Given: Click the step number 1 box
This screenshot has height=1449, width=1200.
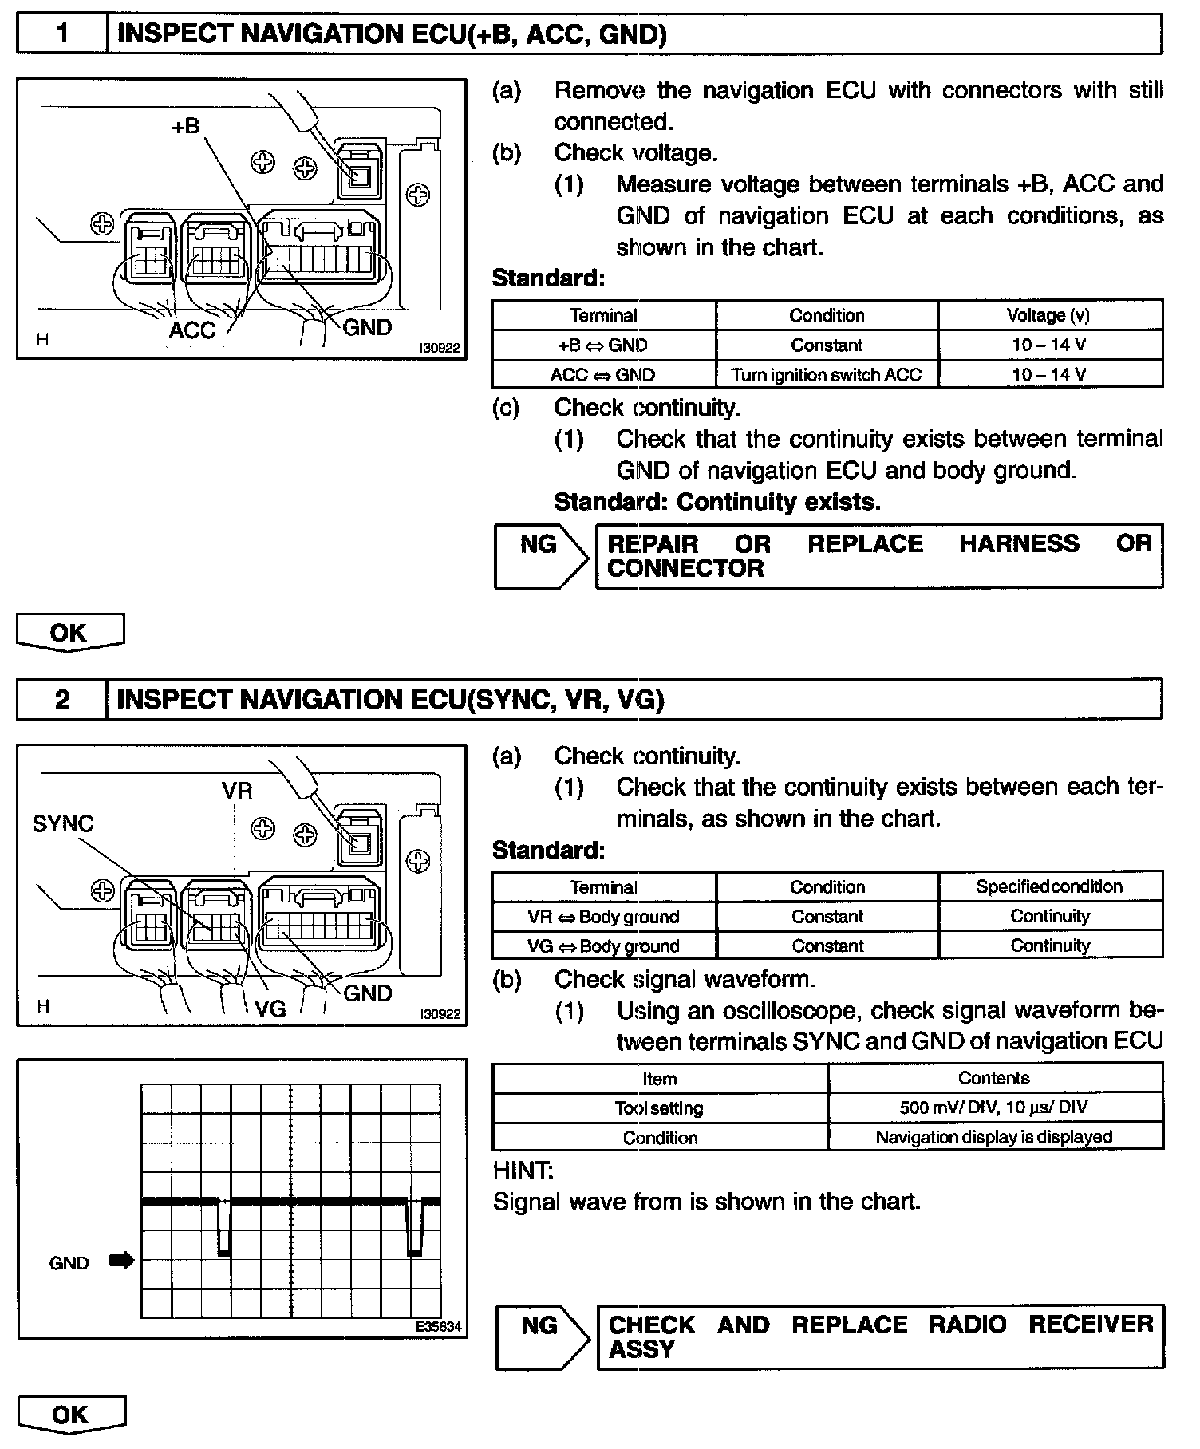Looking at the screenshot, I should [62, 34].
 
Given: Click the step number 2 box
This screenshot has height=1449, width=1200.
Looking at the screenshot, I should [62, 700].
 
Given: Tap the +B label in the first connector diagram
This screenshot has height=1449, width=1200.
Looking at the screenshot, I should [185, 126].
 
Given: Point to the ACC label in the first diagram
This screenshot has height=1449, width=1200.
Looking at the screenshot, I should [192, 330].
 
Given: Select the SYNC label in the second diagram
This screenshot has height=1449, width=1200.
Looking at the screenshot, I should [63, 823].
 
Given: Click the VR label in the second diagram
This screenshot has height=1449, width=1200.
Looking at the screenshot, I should [237, 791].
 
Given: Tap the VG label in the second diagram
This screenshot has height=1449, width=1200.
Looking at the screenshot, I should [270, 1009].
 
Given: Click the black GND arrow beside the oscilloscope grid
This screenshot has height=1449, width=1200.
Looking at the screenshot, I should [122, 1261].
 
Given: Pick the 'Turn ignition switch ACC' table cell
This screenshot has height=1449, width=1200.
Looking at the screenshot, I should [827, 374].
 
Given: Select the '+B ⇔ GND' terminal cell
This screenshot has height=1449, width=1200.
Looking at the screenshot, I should [603, 345].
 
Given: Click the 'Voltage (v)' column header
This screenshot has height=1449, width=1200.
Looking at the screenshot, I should [1048, 315].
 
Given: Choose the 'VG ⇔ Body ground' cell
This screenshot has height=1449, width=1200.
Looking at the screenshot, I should [603, 946].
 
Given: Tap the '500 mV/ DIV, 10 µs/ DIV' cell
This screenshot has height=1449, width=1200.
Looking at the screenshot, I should [994, 1107].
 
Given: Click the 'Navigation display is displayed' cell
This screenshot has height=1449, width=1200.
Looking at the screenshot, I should [994, 1137].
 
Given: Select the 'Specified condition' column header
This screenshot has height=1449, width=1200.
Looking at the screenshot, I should [1049, 886].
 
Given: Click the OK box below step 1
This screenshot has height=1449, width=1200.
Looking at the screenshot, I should [69, 632].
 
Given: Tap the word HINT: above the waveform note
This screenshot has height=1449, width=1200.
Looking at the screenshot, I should [523, 1171].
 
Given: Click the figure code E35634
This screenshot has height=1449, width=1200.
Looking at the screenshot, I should [438, 1327].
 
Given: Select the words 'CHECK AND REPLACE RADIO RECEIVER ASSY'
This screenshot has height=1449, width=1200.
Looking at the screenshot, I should [880, 1336].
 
